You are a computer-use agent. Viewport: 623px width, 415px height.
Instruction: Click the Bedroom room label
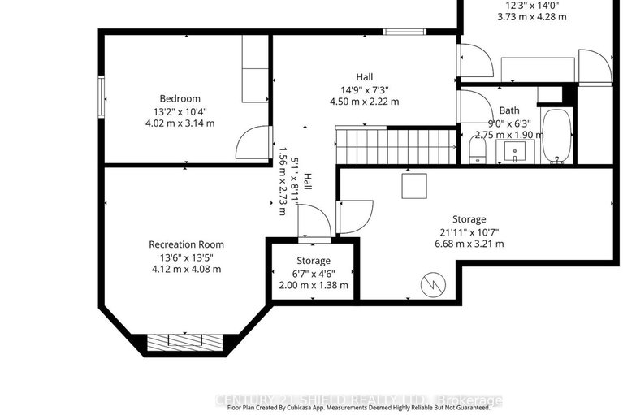pyautogui.click(x=180, y=99)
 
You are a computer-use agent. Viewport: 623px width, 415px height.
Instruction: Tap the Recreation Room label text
pyautogui.click(x=186, y=244)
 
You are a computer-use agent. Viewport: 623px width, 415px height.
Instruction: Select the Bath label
pyautogui.click(x=487, y=110)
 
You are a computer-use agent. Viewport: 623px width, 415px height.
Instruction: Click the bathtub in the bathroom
pyautogui.click(x=556, y=136)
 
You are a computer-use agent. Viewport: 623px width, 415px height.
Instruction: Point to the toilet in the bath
pyautogui.click(x=478, y=150)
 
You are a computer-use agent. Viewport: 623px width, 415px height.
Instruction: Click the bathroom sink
pyautogui.click(x=514, y=150)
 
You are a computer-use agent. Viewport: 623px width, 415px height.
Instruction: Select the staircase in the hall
pyautogui.click(x=395, y=147)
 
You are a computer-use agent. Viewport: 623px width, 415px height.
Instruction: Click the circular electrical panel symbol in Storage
pyautogui.click(x=432, y=285)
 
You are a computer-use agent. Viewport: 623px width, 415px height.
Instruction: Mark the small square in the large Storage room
pyautogui.click(x=413, y=186)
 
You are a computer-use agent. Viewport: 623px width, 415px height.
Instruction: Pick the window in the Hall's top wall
pyautogui.click(x=400, y=32)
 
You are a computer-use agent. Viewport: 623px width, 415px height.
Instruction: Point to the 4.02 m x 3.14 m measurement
pyautogui.click(x=180, y=123)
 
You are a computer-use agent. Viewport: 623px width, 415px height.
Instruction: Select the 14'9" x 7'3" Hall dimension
pyautogui.click(x=369, y=89)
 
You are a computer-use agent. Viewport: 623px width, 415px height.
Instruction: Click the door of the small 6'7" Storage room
pyautogui.click(x=314, y=223)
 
